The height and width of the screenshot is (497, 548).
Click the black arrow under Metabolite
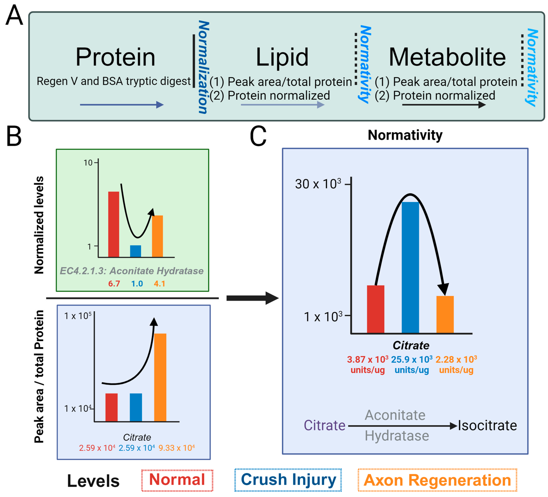444,105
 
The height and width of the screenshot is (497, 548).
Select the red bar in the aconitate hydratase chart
114,224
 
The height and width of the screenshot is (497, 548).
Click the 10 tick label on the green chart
88,163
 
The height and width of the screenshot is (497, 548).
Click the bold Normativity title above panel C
405,135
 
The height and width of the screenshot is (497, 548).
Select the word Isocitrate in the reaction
487,425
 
